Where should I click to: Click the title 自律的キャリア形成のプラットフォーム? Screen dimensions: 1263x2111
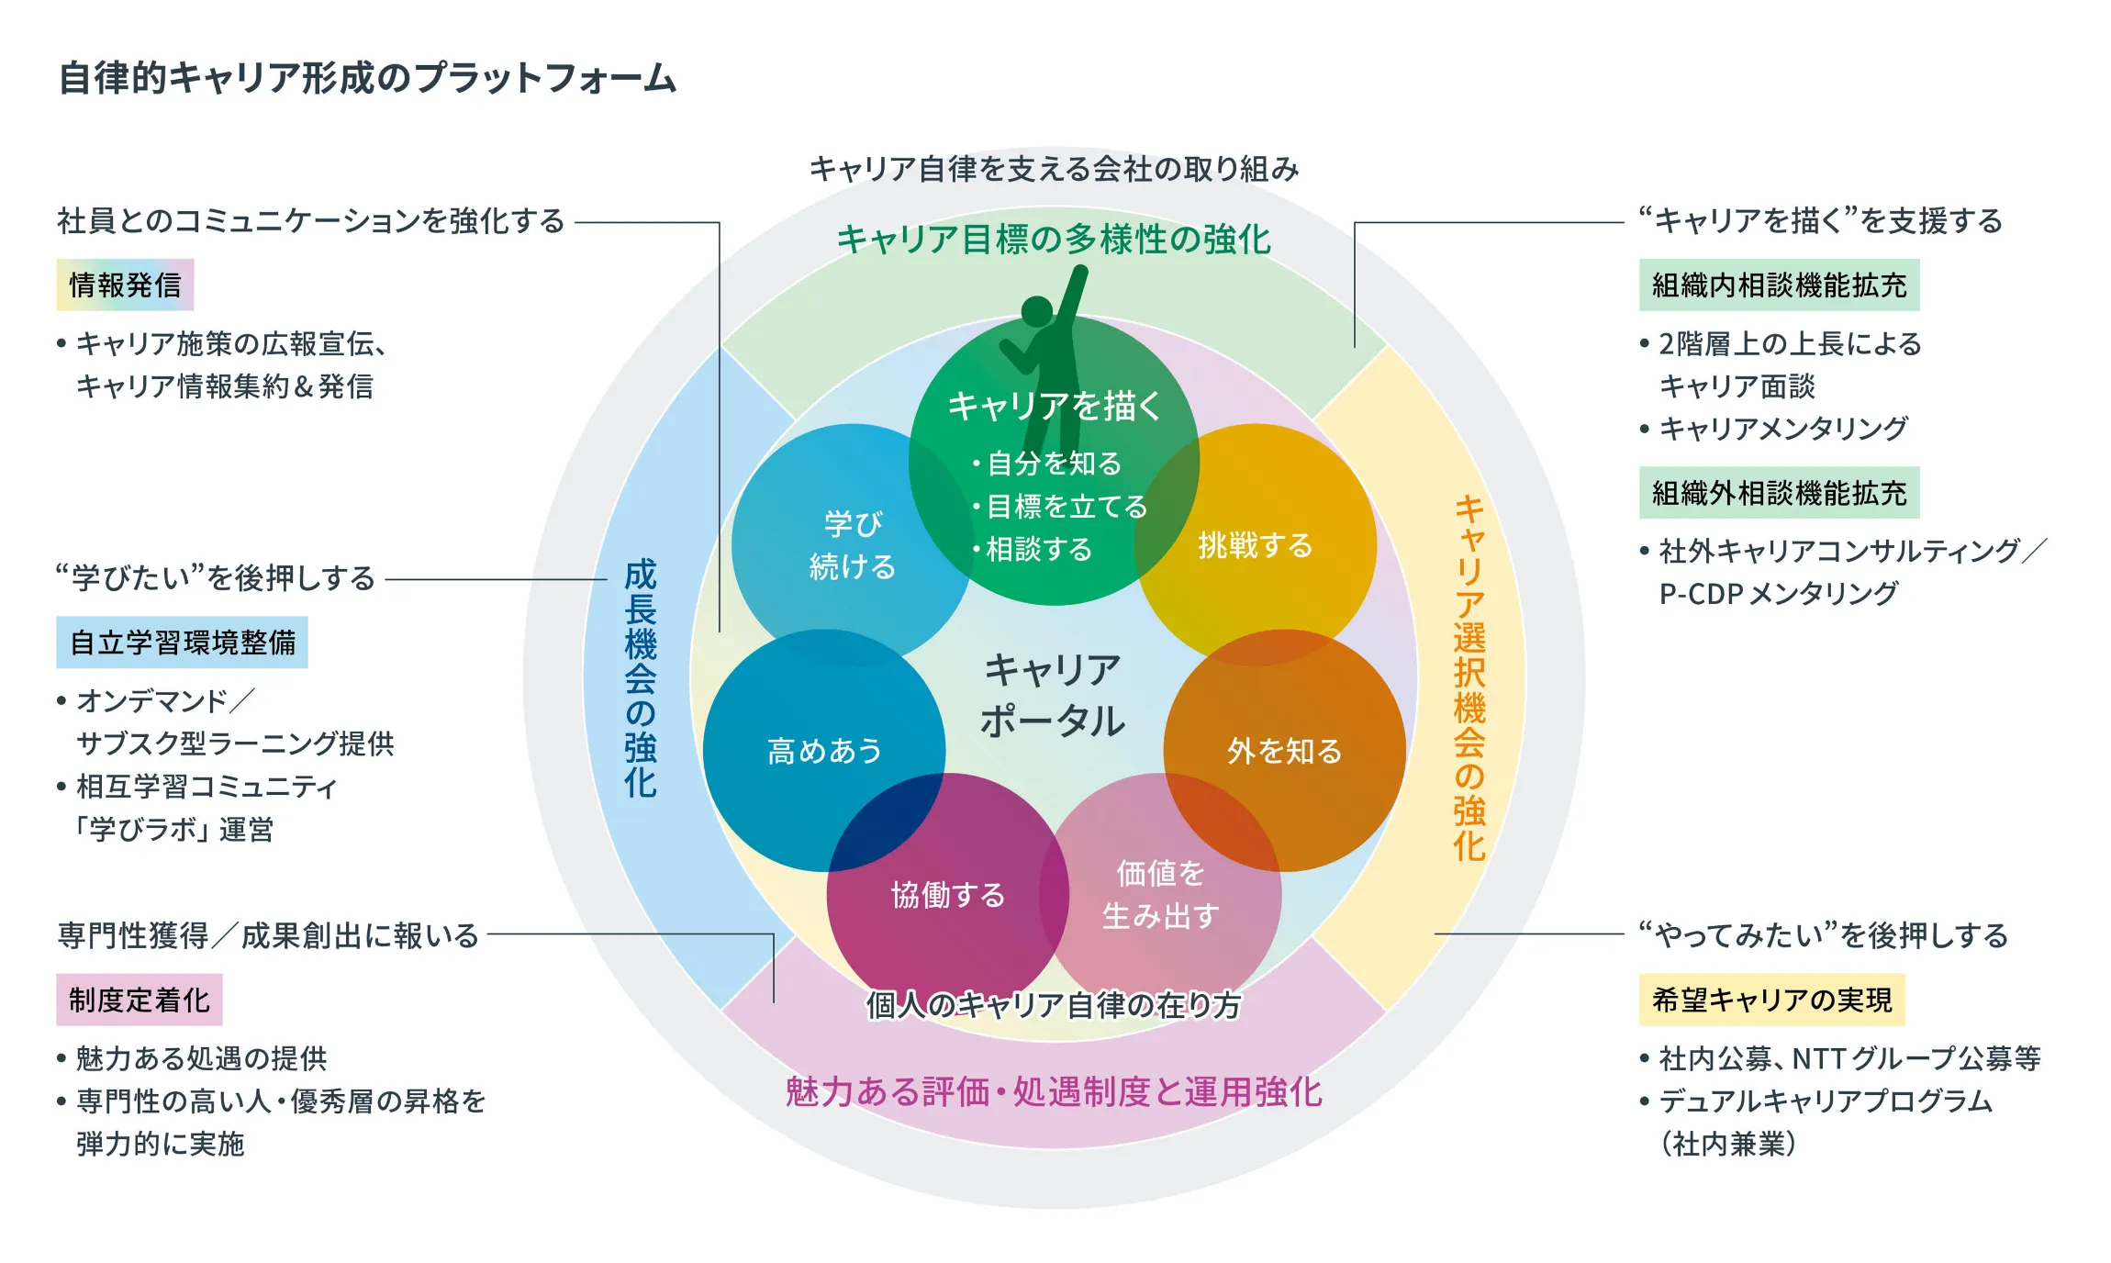[x=367, y=78]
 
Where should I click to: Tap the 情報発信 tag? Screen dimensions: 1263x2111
[x=125, y=285]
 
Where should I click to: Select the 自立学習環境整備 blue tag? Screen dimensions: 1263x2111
[x=182, y=642]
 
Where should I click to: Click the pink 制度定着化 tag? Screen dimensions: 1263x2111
[x=140, y=999]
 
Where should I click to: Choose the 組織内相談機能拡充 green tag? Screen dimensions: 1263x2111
[x=1779, y=285]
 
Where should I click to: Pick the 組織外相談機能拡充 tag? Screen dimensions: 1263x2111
[x=1779, y=493]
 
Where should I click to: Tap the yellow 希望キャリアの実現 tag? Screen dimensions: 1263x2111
[x=1771, y=999]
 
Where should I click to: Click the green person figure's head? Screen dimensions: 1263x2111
[x=1037, y=311]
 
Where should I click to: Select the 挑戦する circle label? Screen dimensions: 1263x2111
[x=1255, y=545]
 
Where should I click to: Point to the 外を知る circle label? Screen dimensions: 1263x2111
[x=1284, y=751]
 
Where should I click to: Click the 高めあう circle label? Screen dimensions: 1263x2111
[x=824, y=751]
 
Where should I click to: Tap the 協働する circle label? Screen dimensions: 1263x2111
[x=948, y=894]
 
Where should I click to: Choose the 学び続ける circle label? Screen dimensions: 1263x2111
[x=852, y=545]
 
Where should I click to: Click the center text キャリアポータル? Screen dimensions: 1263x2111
[x=1053, y=695]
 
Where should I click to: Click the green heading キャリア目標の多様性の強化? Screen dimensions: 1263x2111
[x=1053, y=240]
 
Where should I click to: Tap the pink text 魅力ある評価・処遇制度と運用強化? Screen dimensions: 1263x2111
[x=1053, y=1091]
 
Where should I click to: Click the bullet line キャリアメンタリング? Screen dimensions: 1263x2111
[x=1782, y=428]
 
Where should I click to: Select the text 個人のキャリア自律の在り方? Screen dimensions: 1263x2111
[x=1053, y=1005]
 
